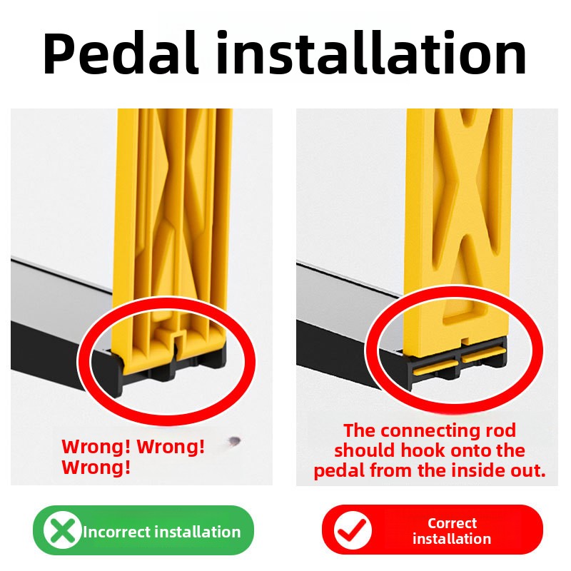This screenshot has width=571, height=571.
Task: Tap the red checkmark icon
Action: point(352,530)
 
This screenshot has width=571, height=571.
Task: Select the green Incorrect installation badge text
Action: point(162,532)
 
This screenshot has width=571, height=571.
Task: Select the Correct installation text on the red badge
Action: point(452,531)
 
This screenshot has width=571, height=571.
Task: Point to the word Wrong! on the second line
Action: point(96,468)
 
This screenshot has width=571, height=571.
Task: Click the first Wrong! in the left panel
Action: point(96,447)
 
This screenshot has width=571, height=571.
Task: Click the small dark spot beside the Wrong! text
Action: point(234,441)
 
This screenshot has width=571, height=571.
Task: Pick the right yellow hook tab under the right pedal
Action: point(484,353)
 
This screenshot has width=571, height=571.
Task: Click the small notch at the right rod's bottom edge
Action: point(465,341)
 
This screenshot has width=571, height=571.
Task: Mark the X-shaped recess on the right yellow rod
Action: point(465,215)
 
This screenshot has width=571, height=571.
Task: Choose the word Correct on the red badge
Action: point(452,523)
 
